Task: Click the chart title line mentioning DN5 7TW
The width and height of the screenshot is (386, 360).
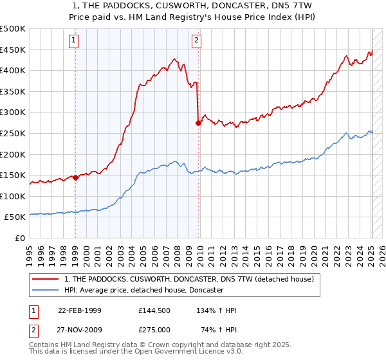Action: point(192,5)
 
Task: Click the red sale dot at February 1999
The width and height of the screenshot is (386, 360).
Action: point(75,177)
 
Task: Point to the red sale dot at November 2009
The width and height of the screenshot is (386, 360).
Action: point(198,123)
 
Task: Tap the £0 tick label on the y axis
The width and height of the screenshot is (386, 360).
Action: point(21,238)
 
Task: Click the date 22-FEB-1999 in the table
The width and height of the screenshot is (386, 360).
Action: point(80,310)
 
